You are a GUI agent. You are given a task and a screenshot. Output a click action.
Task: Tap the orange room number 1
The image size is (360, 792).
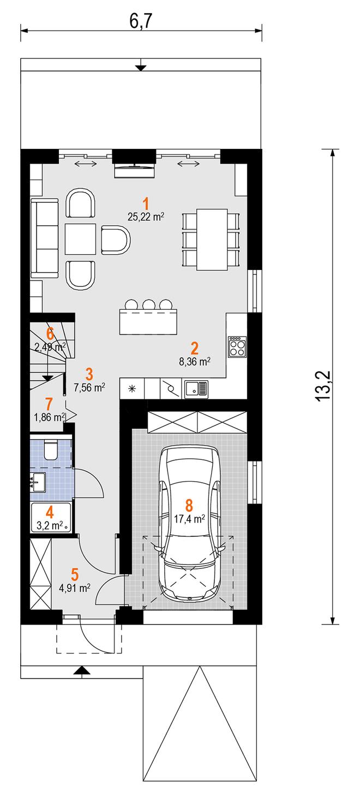(x=146, y=205)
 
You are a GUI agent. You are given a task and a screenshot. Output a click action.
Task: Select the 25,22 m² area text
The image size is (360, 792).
(x=146, y=217)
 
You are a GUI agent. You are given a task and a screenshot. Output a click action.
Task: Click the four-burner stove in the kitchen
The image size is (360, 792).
(x=237, y=347)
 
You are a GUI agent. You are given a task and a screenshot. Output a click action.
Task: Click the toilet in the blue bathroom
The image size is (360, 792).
(x=51, y=449)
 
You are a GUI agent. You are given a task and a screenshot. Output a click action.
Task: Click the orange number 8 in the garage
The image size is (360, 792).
(x=189, y=506)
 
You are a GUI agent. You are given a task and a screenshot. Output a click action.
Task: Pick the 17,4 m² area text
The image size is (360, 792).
(x=189, y=519)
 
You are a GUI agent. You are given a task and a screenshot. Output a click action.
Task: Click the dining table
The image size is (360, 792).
(x=212, y=239)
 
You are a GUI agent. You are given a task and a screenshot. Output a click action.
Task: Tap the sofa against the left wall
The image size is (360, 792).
(x=45, y=238)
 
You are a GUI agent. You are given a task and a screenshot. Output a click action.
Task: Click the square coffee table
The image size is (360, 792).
(x=80, y=239)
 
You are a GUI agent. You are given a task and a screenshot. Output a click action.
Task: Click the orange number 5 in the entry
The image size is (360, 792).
(x=75, y=574)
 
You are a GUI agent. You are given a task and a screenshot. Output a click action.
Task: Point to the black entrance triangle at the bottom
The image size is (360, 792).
(x=82, y=669)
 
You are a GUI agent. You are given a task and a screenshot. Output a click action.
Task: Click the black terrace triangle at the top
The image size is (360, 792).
(x=141, y=68)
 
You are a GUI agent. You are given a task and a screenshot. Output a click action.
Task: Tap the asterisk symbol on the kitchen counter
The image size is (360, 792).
(x=132, y=388)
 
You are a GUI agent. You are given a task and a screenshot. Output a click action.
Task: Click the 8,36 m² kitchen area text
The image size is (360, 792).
(x=195, y=362)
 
